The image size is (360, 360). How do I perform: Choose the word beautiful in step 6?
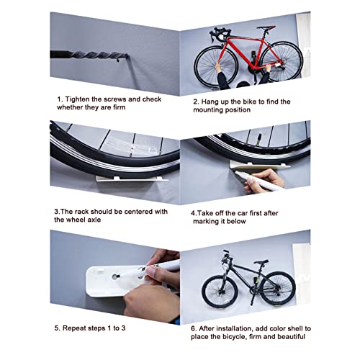click(289, 337)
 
